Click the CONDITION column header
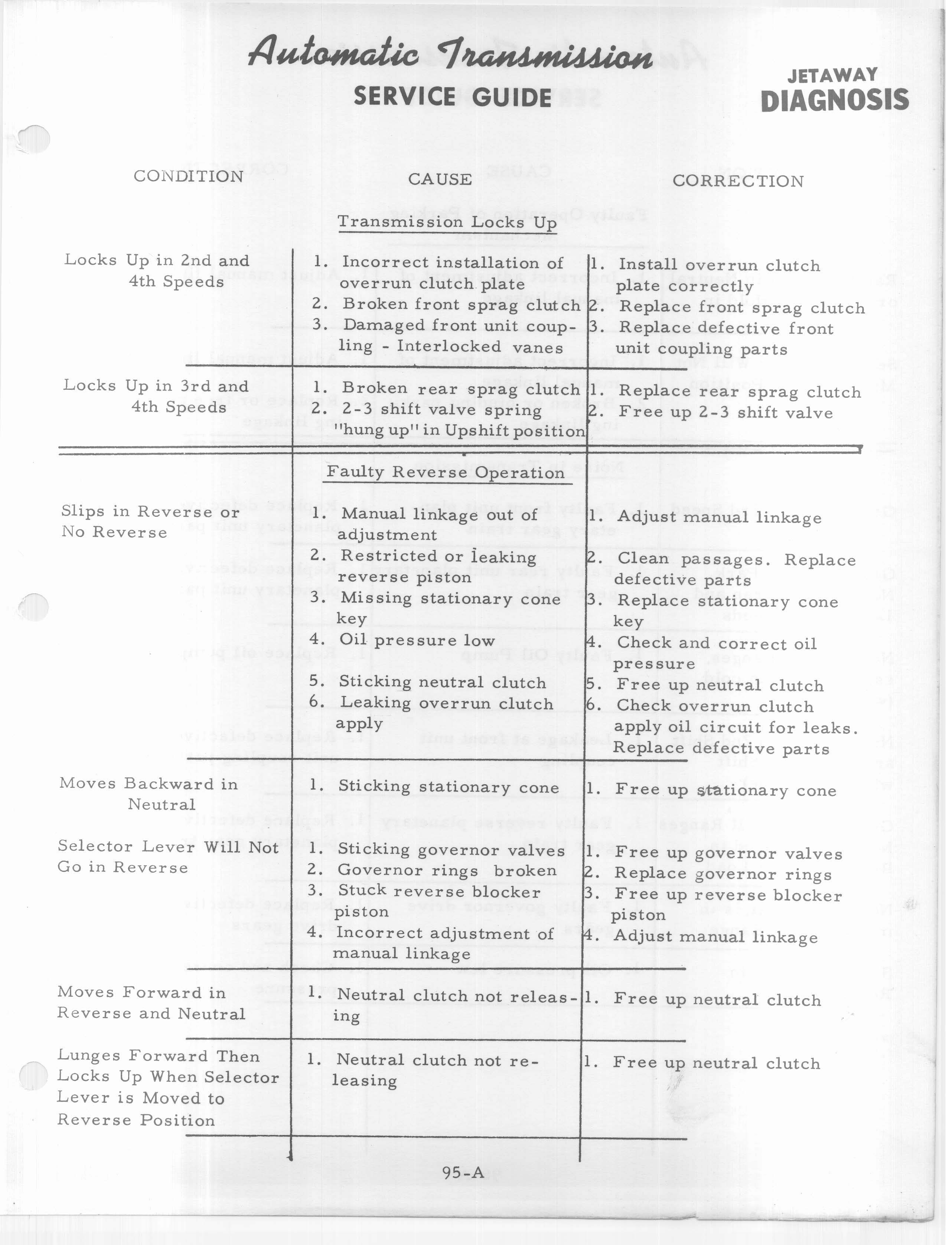[x=188, y=176]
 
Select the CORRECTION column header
[x=738, y=181]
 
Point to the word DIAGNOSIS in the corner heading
[x=835, y=100]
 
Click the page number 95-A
[x=463, y=1172]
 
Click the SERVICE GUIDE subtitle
[x=452, y=97]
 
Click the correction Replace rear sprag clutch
[x=739, y=392]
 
